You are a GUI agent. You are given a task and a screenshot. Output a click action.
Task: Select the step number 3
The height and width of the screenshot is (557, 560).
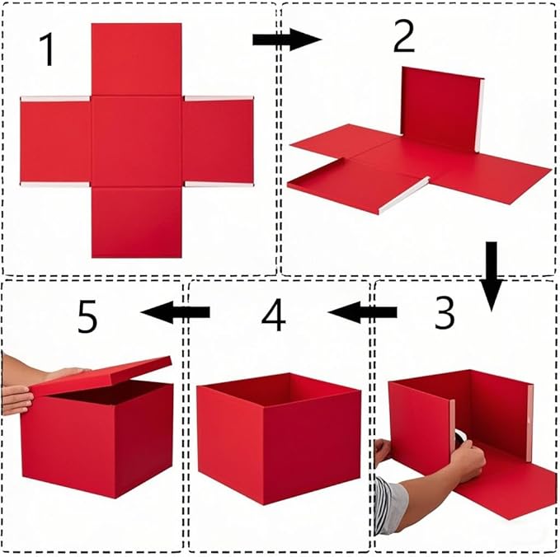tap(444, 313)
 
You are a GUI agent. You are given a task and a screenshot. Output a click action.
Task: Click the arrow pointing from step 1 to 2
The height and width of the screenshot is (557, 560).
tap(285, 39)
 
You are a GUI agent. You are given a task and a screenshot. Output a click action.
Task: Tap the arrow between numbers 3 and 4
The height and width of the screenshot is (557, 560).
tap(361, 312)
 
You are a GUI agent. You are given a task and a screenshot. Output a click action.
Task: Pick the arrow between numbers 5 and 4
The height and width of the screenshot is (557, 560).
tap(176, 311)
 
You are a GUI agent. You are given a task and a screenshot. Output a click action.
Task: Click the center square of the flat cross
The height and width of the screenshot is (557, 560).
tap(136, 141)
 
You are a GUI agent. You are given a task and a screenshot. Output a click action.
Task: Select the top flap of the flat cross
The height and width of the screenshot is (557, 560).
tap(136, 59)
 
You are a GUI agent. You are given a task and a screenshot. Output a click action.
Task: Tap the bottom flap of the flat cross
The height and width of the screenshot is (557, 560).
tap(136, 221)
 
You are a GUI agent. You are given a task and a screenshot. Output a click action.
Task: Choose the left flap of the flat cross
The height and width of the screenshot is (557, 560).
tap(55, 142)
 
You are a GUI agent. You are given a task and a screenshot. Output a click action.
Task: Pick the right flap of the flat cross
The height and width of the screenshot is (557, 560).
tap(218, 142)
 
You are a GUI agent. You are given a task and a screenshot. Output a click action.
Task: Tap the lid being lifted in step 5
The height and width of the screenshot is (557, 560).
tap(103, 375)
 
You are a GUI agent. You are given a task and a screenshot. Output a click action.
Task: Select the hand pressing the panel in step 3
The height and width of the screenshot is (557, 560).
tap(467, 460)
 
